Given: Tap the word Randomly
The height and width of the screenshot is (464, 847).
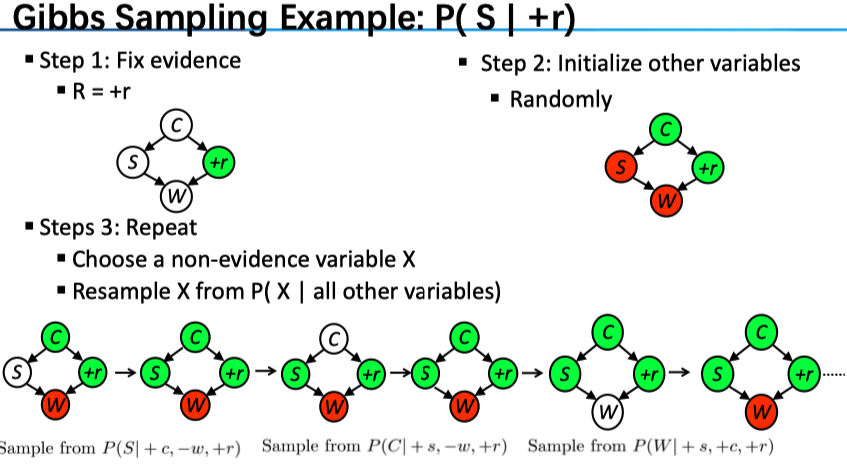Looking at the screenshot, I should pyautogui.click(x=560, y=99).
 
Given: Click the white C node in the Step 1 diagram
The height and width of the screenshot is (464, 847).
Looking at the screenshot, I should pyautogui.click(x=176, y=124).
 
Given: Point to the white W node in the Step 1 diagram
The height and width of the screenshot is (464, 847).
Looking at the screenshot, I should pyautogui.click(x=176, y=192).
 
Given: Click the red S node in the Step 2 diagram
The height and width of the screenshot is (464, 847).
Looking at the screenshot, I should pyautogui.click(x=620, y=167).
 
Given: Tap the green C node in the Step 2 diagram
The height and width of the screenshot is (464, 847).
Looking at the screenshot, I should pyautogui.click(x=664, y=129).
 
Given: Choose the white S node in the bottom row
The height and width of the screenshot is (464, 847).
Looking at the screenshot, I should pyautogui.click(x=16, y=372).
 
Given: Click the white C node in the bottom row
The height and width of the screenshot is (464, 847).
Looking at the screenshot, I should pyautogui.click(x=334, y=337).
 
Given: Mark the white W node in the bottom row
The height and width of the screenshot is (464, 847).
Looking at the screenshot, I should pyautogui.click(x=607, y=410).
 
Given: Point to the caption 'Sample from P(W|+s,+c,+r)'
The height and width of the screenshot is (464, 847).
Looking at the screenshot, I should pyautogui.click(x=650, y=446).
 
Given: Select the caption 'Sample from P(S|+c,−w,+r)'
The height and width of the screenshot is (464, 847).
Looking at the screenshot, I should pyautogui.click(x=120, y=447).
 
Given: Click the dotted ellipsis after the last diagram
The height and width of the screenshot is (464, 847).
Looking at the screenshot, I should pyautogui.click(x=834, y=373).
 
